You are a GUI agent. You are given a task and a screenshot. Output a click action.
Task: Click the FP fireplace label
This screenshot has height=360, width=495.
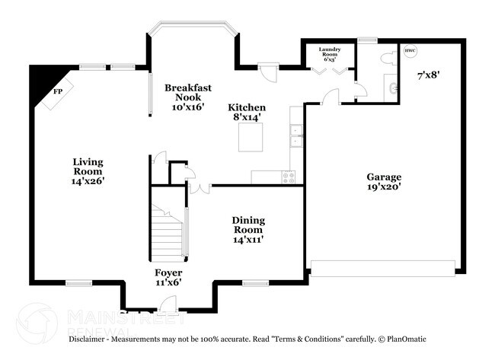pos(57,92)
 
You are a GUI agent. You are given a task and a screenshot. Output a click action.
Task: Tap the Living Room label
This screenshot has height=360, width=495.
pos(88,171)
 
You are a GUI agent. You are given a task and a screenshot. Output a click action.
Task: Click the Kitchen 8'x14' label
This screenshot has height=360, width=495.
pos(247,113)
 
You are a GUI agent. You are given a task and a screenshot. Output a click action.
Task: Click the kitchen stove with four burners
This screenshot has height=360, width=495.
pos(289,177)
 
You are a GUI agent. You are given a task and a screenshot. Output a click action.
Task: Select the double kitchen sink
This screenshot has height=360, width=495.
pos(295,135)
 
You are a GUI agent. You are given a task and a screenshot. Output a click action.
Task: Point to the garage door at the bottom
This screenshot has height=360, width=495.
pos(383,267)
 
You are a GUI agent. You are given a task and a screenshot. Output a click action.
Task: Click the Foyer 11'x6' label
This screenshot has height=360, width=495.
pos(168,277)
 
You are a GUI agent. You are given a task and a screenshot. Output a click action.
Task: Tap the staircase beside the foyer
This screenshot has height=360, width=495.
pos(168,232)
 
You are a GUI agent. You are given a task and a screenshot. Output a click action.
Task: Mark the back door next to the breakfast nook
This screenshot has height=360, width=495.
pos(267,71)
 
